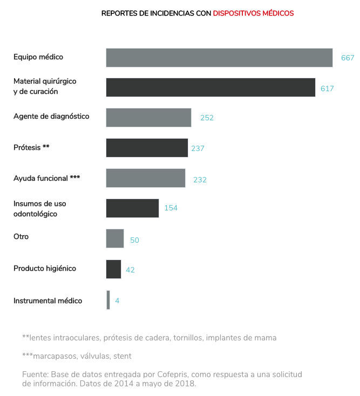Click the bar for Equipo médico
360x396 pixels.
[x=219, y=58]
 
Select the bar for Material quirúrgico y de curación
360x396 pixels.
[x=210, y=87]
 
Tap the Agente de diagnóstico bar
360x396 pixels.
[x=148, y=118]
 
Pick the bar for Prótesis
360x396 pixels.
[x=147, y=148]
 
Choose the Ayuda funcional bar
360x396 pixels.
[x=146, y=178]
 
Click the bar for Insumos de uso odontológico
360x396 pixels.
[x=132, y=208]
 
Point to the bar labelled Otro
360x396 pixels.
[x=115, y=238]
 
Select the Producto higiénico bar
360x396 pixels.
[x=113, y=269]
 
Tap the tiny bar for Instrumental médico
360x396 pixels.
[x=108, y=300]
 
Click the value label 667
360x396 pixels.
[x=348, y=58]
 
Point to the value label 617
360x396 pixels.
[x=327, y=88]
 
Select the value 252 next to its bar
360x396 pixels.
[x=207, y=118]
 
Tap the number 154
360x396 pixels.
[x=171, y=208]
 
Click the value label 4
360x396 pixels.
[x=117, y=301]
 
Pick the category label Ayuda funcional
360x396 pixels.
[x=46, y=178]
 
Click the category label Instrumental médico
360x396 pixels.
[x=47, y=301]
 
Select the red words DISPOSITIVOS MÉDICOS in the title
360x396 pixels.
[x=253, y=13]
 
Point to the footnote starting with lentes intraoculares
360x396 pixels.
[x=149, y=338]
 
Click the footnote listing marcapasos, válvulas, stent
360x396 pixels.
[x=77, y=356]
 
